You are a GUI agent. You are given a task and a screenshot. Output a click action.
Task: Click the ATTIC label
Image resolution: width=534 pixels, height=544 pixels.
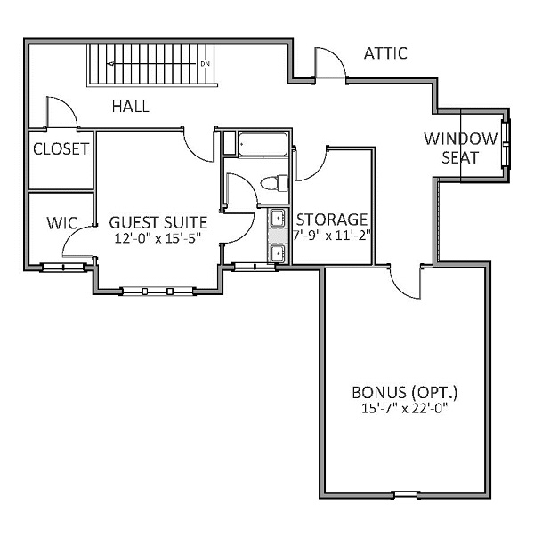coord(385,53)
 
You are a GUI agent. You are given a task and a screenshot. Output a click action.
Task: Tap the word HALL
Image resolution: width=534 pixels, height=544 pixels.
coord(131,107)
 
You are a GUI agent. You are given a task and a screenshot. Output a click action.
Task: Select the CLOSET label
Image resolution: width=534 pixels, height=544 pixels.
coord(61,149)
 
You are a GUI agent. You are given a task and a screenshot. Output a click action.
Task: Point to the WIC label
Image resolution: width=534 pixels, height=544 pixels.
coord(62,223)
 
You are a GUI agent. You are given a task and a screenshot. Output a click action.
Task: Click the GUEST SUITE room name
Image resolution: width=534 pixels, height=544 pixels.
coord(158,222)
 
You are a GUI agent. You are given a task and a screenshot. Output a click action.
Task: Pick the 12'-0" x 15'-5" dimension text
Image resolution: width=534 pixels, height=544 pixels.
coord(158,239)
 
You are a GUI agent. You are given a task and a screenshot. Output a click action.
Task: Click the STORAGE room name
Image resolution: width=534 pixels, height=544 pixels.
coord(332,220)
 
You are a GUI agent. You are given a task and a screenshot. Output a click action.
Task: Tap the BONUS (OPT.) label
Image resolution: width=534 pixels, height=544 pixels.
coord(405,393)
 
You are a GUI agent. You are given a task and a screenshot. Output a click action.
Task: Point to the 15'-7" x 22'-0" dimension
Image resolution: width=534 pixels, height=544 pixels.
coord(404,409)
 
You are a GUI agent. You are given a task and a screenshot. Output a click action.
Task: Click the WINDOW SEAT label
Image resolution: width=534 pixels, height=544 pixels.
coord(461,148)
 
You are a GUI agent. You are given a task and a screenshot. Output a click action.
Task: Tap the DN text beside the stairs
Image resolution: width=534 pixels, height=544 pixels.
coord(206,64)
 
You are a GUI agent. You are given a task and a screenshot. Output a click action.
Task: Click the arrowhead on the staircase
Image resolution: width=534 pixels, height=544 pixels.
coord(111,64)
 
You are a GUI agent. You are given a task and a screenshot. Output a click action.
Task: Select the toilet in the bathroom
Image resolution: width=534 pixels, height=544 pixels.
coord(274,183)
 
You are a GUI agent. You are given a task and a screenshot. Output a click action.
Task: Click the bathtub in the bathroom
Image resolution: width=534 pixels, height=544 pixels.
coord(263,145)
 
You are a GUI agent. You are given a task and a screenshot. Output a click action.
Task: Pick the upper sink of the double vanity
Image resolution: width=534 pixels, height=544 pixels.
coord(278,218)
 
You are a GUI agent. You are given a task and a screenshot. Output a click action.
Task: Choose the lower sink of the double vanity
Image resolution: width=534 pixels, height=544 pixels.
coord(278,253)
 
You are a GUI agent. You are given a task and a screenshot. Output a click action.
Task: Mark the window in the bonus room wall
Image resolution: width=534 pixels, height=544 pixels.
coord(406,495)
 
